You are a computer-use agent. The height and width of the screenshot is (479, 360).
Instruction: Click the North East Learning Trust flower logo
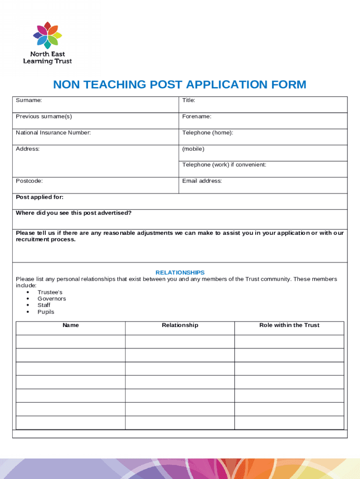point(48,35)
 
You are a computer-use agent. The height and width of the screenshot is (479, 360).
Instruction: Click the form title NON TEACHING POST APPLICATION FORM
point(180,85)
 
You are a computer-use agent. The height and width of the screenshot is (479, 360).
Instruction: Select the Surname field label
point(29,100)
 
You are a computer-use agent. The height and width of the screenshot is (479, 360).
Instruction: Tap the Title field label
point(188,100)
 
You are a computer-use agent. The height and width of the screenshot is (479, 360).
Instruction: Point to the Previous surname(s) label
point(44,116)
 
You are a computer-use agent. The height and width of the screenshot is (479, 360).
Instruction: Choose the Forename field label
point(196,116)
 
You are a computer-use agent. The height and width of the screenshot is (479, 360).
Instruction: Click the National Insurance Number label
point(53,132)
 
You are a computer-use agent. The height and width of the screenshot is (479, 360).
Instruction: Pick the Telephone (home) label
point(208,132)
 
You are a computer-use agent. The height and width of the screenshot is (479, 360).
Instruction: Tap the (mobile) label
point(193,149)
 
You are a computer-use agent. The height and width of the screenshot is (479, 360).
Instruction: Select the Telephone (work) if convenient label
point(224,165)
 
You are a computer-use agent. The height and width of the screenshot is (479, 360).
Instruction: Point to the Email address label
point(202,181)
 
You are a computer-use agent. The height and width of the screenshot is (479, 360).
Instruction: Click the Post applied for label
point(40,197)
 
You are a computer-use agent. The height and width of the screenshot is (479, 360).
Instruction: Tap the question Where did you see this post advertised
point(74,213)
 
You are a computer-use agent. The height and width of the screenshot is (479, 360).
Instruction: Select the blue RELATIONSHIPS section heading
point(180,272)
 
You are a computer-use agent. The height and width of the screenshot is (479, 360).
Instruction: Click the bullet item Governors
point(52,298)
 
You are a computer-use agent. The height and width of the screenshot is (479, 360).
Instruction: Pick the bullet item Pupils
point(46,312)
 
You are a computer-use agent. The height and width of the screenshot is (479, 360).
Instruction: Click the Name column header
point(71,325)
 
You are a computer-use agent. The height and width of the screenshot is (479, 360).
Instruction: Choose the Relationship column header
point(180,325)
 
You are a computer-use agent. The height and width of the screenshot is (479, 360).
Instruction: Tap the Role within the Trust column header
point(289,325)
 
